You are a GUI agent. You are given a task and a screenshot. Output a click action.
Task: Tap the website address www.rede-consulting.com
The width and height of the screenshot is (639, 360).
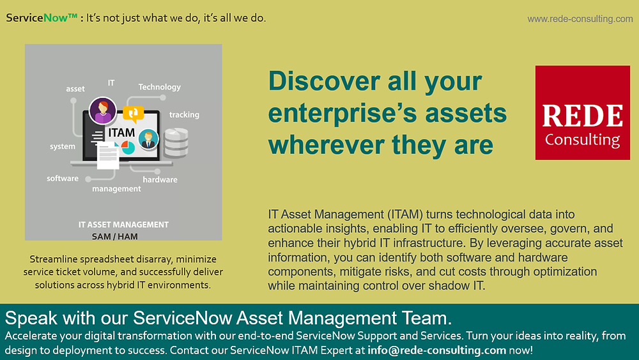[x=580, y=19]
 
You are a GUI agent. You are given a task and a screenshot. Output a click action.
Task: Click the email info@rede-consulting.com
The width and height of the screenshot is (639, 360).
[x=437, y=350]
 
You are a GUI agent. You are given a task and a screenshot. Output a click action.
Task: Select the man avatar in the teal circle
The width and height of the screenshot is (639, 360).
[x=148, y=139]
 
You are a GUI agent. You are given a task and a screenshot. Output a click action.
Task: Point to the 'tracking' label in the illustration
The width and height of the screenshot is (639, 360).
[x=184, y=115]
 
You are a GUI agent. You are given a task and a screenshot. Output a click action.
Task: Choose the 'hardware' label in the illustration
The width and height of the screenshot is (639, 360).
[x=160, y=180]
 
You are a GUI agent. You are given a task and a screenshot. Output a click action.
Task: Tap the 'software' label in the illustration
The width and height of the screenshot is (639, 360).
[x=63, y=178]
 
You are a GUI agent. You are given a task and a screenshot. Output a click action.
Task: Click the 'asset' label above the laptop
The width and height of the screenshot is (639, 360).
[x=75, y=89]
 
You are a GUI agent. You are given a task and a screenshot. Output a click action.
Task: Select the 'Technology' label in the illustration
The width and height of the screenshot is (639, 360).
[x=160, y=87]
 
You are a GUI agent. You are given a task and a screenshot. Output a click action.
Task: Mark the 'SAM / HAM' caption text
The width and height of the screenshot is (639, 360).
[x=115, y=236]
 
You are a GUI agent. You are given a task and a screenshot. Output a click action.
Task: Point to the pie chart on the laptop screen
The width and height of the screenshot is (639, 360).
[x=127, y=147]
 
